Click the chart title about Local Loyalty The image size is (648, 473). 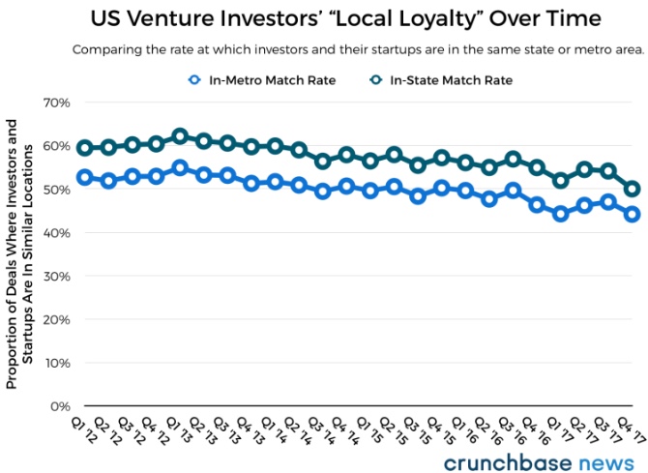tap(345, 18)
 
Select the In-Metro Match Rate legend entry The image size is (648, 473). tap(263, 80)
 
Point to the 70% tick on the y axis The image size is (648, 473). tap(54, 103)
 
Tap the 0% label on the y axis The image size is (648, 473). tap(58, 406)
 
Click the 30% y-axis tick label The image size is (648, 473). tap(54, 276)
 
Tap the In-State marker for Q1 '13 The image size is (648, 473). tap(180, 136)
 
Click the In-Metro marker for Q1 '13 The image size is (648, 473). tap(180, 167)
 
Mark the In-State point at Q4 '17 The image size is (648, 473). tap(633, 190)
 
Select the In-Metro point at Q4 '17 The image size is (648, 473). tap(633, 215)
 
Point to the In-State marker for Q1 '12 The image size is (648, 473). tap(85, 148)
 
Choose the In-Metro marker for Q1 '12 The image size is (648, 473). tap(85, 177)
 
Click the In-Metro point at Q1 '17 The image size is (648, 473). tap(561, 214)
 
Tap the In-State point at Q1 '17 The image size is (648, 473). tap(561, 181)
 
